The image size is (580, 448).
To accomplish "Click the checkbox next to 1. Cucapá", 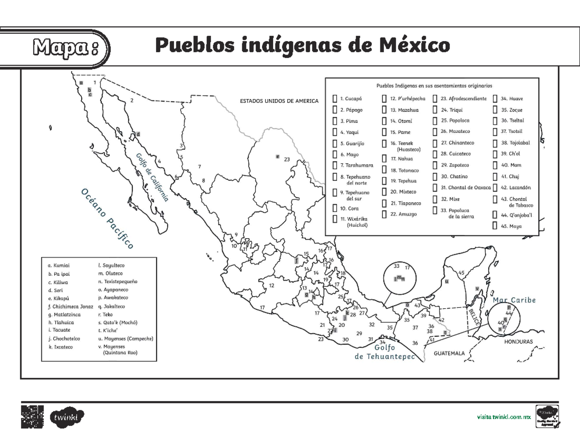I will pyautogui.click(x=334, y=99).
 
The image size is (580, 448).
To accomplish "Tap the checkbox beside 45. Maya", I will pyautogui.click(x=495, y=226).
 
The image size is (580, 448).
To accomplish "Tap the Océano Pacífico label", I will pyautogui.click(x=106, y=219).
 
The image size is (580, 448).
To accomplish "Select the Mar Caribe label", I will pyautogui.click(x=514, y=300).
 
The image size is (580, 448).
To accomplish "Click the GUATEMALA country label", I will pyautogui.click(x=449, y=353).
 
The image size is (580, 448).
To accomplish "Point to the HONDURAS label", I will pyautogui.click(x=518, y=342).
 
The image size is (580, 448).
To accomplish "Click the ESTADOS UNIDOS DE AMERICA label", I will pyautogui.click(x=279, y=101).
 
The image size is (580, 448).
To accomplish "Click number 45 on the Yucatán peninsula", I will pyautogui.click(x=461, y=274).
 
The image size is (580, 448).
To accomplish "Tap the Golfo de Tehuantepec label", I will pyautogui.click(x=385, y=352).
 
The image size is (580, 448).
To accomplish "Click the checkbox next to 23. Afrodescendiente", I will pyautogui.click(x=435, y=99).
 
